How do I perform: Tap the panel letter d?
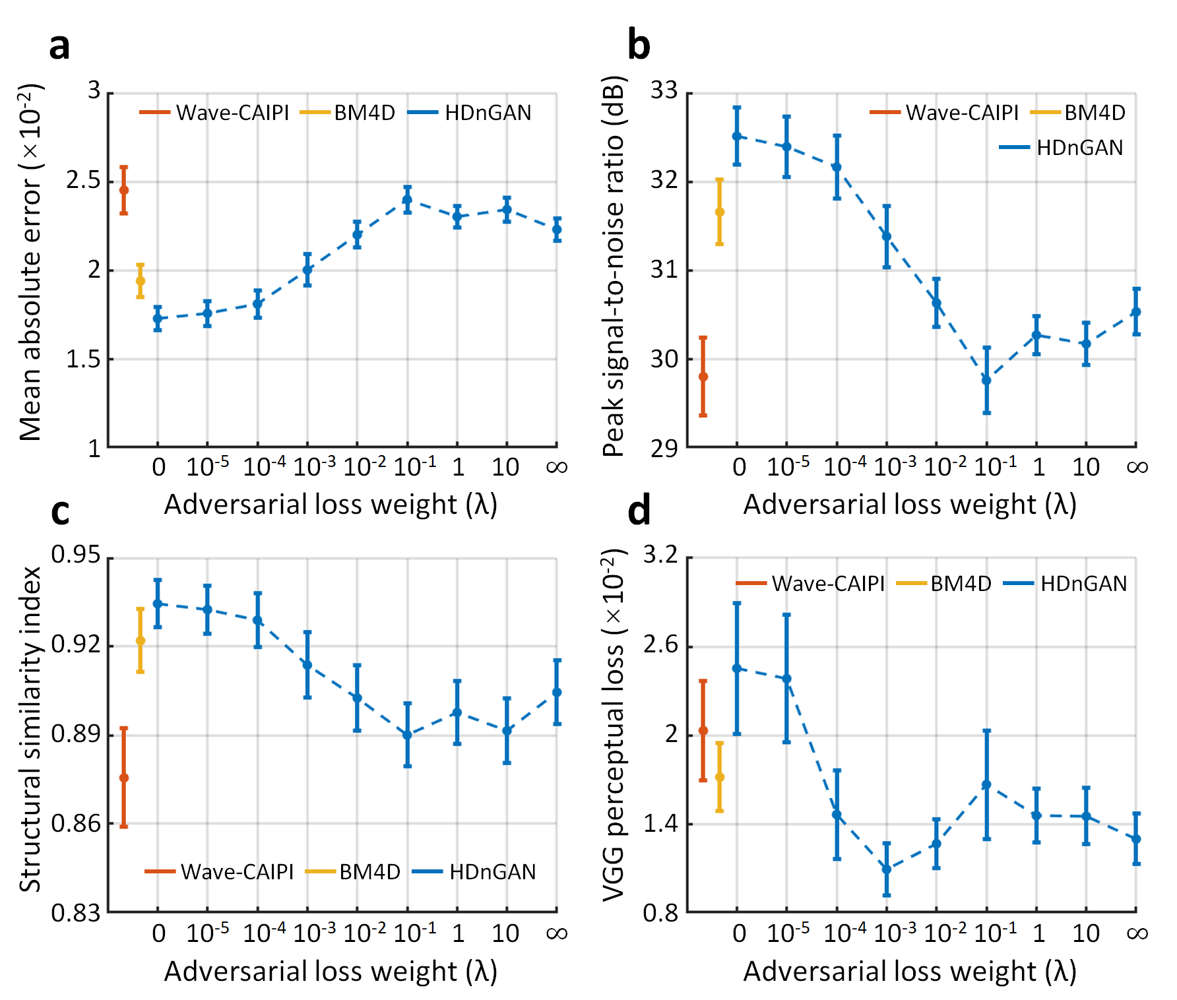[639, 512]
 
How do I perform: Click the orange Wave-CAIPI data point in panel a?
[123, 190]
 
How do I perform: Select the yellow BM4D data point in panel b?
[720, 212]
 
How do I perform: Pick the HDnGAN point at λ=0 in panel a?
[158, 319]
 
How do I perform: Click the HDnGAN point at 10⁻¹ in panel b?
[986, 380]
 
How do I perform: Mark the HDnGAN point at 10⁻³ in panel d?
[887, 869]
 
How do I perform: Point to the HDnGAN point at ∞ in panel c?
[557, 692]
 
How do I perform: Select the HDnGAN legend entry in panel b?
[1062, 148]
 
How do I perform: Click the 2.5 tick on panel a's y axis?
[83, 180]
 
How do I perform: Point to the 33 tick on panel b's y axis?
[664, 90]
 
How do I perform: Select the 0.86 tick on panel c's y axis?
[76, 824]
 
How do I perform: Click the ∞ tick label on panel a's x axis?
[557, 467]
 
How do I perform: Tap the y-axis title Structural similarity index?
[30, 729]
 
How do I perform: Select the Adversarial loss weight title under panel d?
[910, 972]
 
